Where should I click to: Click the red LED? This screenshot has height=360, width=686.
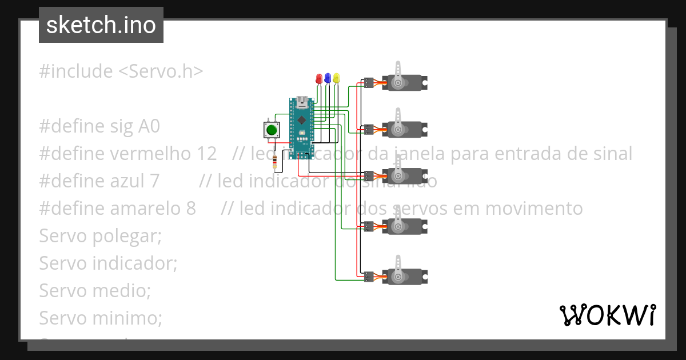point(319,79)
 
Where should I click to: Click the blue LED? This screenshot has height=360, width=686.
point(328,78)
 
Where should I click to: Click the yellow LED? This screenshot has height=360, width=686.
point(336,78)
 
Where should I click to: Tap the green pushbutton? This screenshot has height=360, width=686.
point(271,130)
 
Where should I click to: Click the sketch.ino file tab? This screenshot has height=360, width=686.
point(101,25)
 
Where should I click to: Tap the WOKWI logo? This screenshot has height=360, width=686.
point(607,315)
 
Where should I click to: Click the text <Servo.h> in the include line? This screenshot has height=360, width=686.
point(161,71)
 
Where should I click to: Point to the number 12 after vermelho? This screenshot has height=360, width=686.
point(207,154)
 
